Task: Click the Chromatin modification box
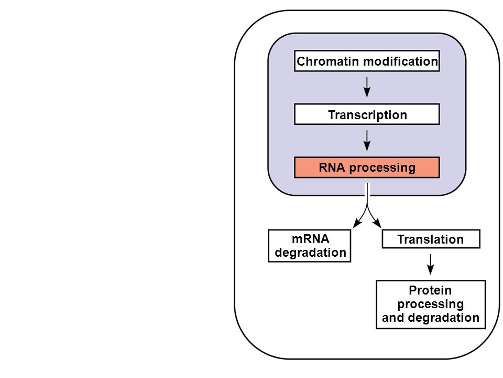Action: [367, 61]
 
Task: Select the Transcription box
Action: [367, 114]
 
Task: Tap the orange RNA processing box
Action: [367, 167]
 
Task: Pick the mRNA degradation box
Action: [310, 246]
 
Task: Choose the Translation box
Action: [431, 239]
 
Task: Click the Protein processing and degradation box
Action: [431, 304]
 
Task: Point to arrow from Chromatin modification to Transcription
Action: [367, 87]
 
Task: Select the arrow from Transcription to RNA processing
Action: [367, 141]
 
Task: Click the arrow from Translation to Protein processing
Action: [431, 264]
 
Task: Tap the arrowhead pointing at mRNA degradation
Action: [357, 224]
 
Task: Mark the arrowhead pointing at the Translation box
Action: [378, 224]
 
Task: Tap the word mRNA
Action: [311, 239]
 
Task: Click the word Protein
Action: [430, 290]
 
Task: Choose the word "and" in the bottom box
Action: [393, 318]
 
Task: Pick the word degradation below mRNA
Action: [311, 253]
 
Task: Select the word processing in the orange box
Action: [382, 168]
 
